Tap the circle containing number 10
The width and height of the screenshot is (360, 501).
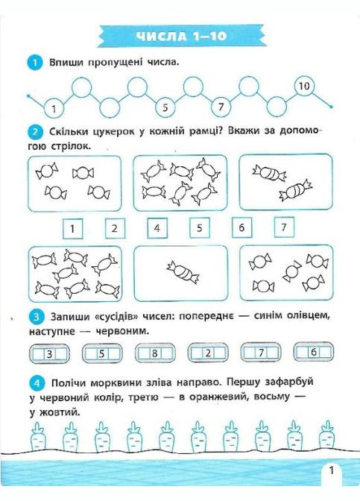(x=304, y=86)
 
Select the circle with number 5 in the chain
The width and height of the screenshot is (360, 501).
(x=167, y=106)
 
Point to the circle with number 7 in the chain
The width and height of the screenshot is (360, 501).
(x=221, y=106)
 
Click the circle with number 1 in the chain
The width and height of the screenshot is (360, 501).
(x=54, y=110)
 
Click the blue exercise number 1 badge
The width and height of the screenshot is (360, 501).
(x=34, y=63)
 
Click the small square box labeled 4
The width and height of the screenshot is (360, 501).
(x=157, y=227)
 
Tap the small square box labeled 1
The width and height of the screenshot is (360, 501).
(x=72, y=228)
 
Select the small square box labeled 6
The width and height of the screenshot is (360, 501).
(x=242, y=227)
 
